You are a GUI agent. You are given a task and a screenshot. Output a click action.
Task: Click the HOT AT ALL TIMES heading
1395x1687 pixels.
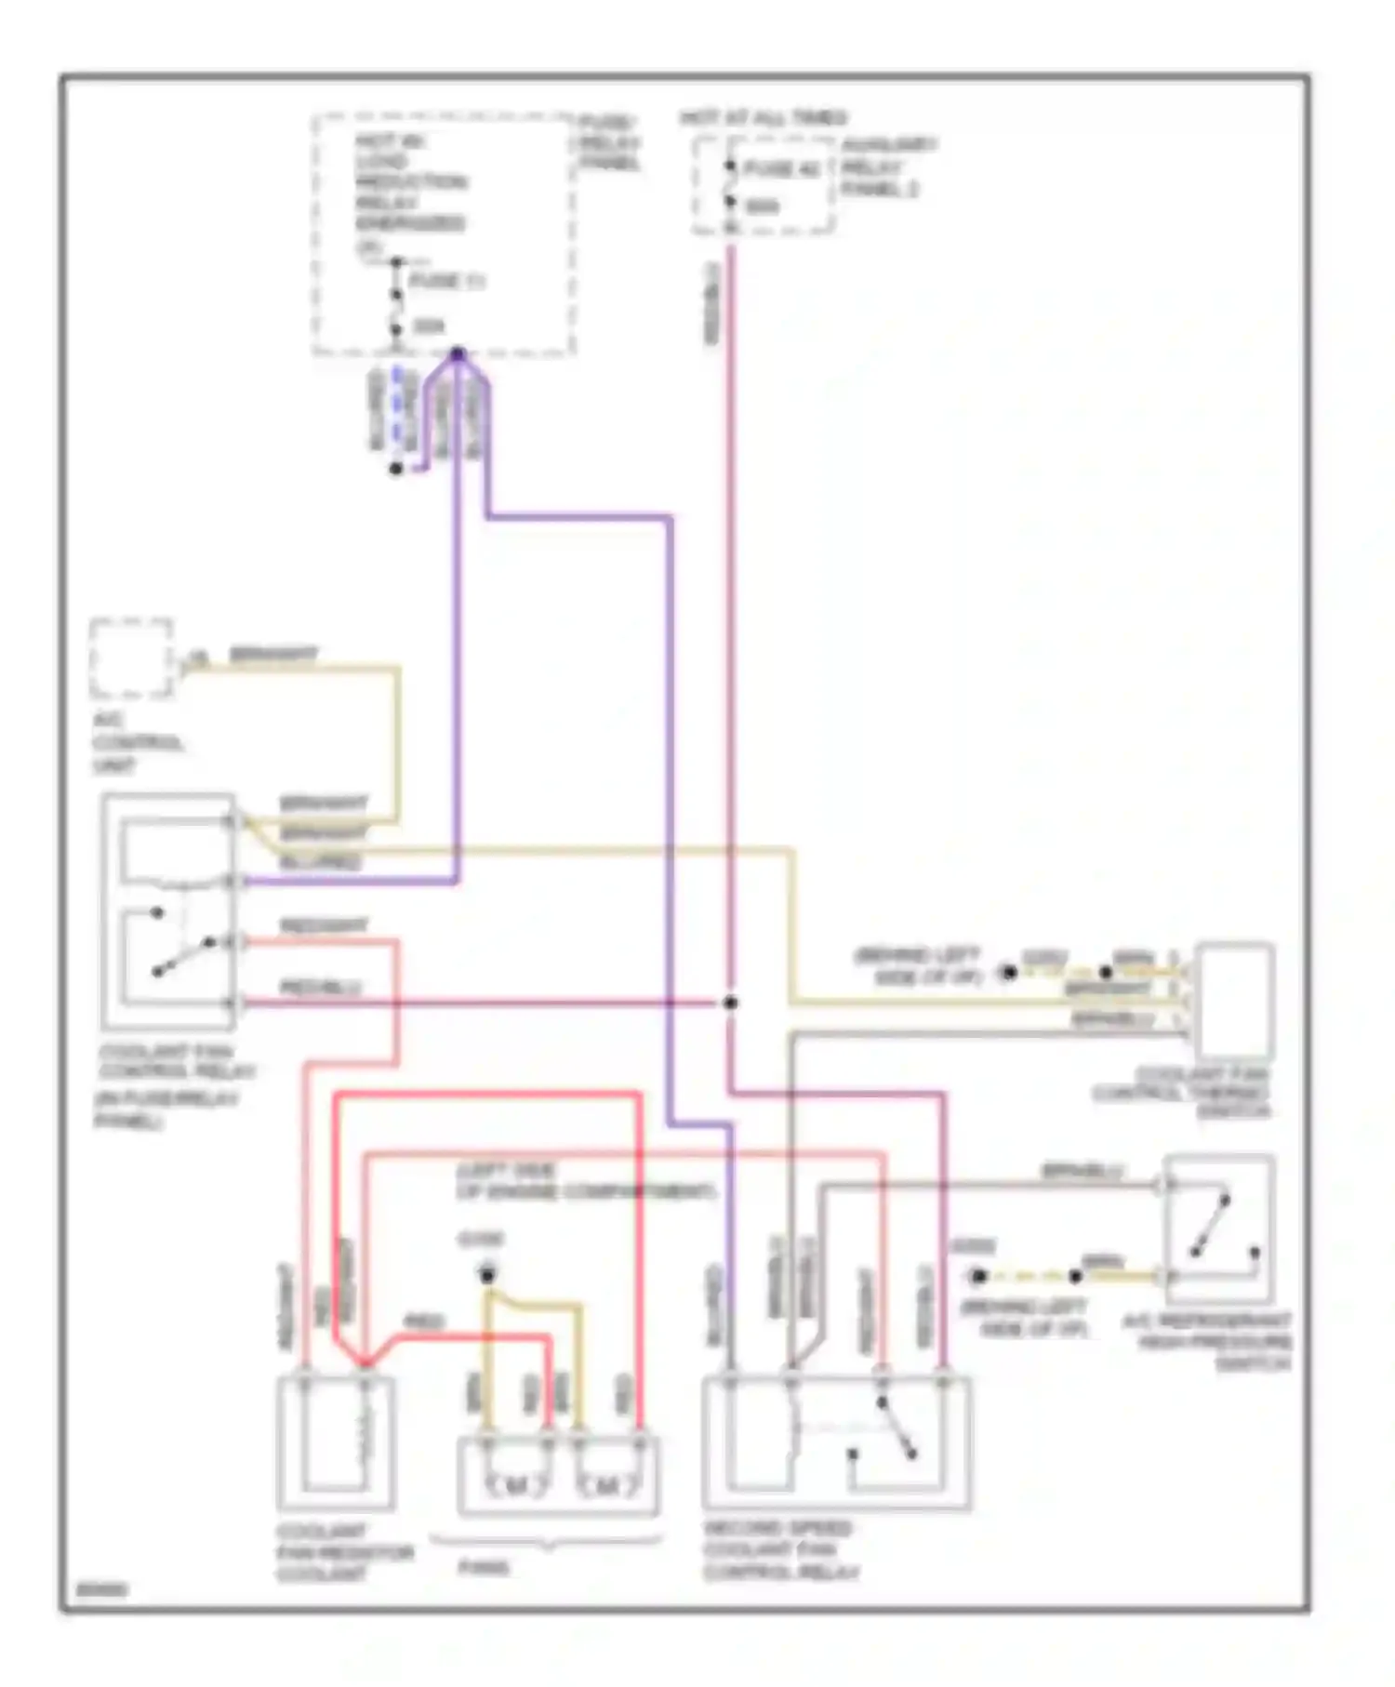[763, 118]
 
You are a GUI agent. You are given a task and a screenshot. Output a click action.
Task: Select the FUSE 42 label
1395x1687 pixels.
[781, 169]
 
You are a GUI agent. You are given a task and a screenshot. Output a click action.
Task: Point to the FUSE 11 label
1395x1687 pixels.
[447, 281]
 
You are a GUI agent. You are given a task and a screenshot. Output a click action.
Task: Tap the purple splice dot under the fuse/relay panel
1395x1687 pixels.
[458, 353]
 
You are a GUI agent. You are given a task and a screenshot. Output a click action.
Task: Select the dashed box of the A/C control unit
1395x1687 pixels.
[131, 658]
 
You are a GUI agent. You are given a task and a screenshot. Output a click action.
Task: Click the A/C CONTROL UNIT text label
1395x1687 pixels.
[138, 743]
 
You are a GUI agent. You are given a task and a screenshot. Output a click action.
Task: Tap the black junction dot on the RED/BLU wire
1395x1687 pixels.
[731, 1003]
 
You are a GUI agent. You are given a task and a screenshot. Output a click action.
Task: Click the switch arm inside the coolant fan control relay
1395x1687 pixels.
[184, 958]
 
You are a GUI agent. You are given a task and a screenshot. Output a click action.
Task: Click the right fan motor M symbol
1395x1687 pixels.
[607, 1488]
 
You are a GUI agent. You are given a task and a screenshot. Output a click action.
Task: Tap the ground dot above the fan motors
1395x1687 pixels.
[486, 1273]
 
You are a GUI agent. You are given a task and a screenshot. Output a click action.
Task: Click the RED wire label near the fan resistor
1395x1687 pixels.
[423, 1322]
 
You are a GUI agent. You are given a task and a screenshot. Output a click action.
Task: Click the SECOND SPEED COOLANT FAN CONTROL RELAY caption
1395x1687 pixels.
[778, 1550]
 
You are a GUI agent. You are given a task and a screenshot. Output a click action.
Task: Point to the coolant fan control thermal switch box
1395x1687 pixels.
[1234, 1001]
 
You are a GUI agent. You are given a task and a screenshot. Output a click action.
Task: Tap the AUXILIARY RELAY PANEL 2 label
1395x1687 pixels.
[888, 167]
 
